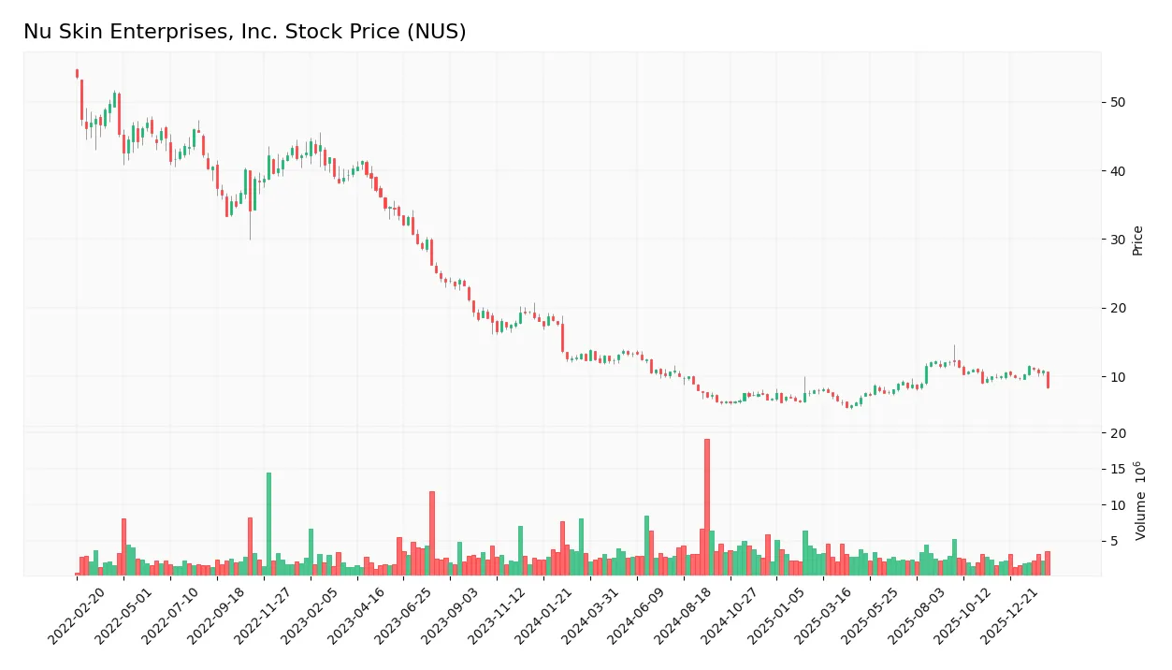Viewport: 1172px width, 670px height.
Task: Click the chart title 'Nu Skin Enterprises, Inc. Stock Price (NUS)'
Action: coord(244,32)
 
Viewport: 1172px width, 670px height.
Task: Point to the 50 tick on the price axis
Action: coord(1118,102)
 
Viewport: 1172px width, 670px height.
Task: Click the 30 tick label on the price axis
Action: coord(1118,240)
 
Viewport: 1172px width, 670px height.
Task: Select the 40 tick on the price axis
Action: coord(1118,171)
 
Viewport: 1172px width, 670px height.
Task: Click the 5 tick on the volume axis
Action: coord(1115,541)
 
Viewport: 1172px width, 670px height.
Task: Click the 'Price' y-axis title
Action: coord(1137,240)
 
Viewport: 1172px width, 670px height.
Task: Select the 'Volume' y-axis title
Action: coord(1139,501)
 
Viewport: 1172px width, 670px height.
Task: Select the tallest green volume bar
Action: coord(268,524)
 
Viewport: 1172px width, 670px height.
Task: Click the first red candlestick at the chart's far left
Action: coord(77,74)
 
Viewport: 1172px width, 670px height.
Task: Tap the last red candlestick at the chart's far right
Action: coord(1048,379)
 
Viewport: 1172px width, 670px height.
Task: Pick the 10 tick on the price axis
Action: coord(1118,377)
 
